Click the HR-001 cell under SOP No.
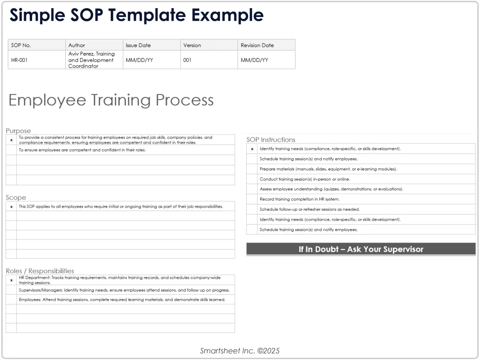(19, 60)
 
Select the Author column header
(76, 45)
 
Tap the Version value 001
(187, 60)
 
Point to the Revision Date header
(257, 45)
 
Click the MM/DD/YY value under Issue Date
(139, 60)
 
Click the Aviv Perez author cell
(91, 60)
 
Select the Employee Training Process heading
(111, 100)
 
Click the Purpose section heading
(18, 131)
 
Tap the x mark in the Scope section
(11, 207)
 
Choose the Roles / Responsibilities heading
(40, 271)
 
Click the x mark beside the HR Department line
(11, 280)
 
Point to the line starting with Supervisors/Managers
(124, 290)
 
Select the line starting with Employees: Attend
(122, 300)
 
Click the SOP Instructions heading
(271, 140)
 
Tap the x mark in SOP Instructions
(252, 149)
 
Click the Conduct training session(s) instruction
(305, 179)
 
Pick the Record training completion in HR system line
(299, 199)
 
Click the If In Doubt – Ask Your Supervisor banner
(361, 249)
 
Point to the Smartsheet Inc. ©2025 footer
(240, 351)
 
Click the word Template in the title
(147, 15)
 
